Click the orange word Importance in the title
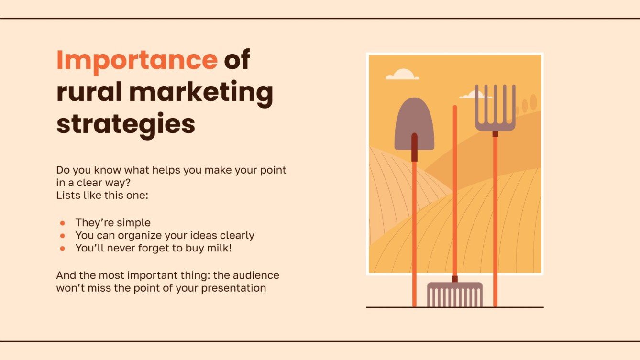[x=137, y=60]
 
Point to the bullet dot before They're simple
[x=62, y=223]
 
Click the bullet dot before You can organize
[x=62, y=236]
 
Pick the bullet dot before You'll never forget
[x=62, y=249]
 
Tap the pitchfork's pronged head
[x=495, y=108]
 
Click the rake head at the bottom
[x=454, y=295]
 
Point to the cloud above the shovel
[x=402, y=75]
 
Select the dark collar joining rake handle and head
[x=455, y=279]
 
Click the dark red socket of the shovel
[x=414, y=147]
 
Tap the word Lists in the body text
[x=67, y=196]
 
